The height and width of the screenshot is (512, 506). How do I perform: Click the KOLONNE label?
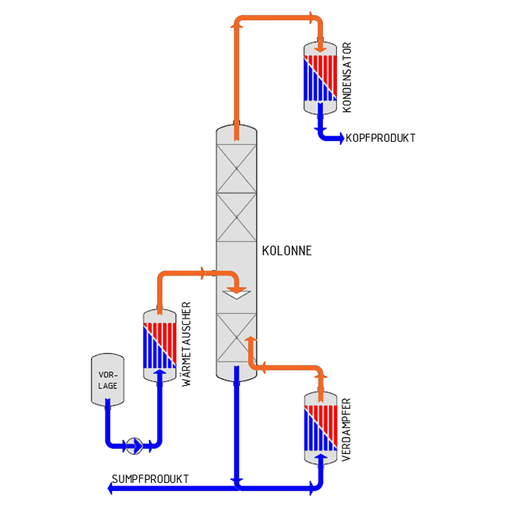(287, 251)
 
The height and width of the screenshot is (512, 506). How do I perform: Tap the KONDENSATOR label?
(347, 78)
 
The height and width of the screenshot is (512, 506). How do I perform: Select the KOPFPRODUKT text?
(380, 138)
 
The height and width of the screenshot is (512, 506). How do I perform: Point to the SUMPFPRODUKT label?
(150, 478)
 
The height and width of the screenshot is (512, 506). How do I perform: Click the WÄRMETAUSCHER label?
(186, 344)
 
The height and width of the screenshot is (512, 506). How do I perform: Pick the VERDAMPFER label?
(346, 429)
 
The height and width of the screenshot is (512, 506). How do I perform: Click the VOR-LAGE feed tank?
(107, 380)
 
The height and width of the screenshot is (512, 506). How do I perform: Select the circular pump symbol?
(135, 445)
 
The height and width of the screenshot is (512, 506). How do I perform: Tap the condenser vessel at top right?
(320, 78)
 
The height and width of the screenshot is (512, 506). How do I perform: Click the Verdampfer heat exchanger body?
(321, 427)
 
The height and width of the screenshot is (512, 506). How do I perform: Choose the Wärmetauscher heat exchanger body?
(160, 345)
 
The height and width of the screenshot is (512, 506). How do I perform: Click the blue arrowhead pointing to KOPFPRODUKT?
(341, 138)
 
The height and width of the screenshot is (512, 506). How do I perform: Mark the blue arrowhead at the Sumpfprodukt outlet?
(110, 489)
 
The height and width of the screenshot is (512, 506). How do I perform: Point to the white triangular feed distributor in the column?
(236, 294)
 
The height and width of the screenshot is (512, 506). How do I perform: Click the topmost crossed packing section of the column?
(236, 168)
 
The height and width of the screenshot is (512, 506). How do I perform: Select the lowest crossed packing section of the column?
(236, 337)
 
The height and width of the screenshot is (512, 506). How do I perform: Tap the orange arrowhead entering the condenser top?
(320, 49)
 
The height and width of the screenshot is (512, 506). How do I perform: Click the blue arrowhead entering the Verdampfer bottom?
(321, 456)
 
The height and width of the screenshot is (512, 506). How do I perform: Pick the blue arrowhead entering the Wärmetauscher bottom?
(160, 372)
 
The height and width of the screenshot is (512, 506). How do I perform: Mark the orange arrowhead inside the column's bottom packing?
(251, 340)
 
